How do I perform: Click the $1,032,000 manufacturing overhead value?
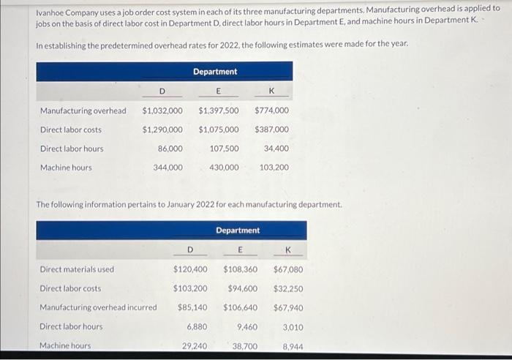pos(162,111)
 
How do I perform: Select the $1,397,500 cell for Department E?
pos(218,111)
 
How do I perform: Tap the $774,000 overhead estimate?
pos(271,111)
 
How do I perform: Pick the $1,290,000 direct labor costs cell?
pos(162,130)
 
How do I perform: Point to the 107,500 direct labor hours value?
pos(224,149)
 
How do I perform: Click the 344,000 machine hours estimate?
pos(168,168)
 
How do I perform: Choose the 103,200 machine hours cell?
pos(274,168)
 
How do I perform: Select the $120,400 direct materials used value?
pos(190,269)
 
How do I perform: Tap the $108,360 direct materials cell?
pos(240,269)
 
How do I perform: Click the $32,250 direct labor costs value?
pos(287,288)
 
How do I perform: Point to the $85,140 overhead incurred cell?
pos(192,307)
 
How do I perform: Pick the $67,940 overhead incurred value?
pos(287,307)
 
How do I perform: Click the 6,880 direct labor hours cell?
pos(197,326)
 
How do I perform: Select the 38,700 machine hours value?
pos(244,345)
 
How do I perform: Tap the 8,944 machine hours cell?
pos(293,345)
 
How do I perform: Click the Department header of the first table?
pos(215,72)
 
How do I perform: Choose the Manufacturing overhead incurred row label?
pos(98,307)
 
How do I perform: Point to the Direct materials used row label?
pos(77,269)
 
